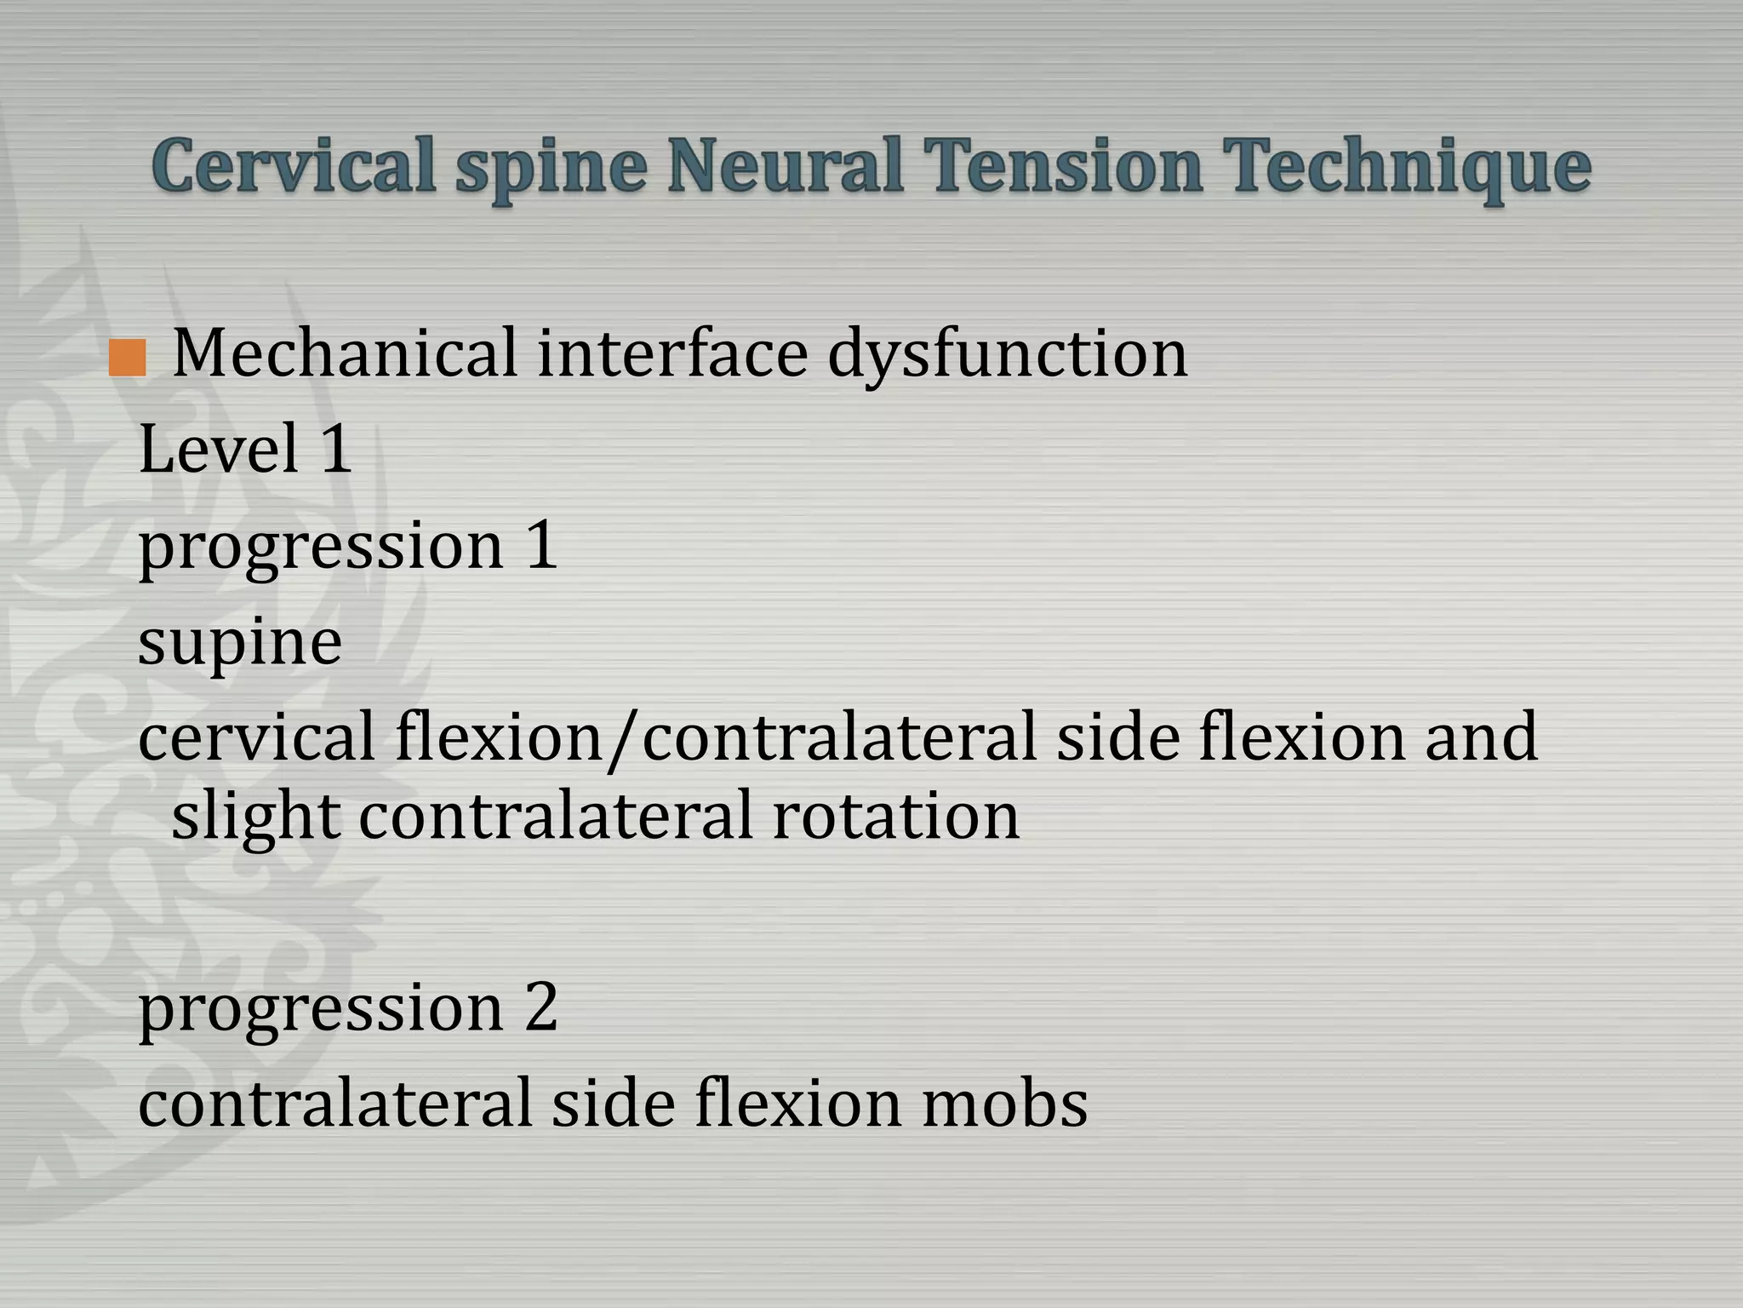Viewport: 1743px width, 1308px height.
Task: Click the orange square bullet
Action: (x=128, y=358)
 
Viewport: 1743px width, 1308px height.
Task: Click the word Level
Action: (x=219, y=449)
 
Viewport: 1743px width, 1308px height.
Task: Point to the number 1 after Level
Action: (x=336, y=449)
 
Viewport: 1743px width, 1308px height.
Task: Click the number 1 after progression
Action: (x=541, y=545)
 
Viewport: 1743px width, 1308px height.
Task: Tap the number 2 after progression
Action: (x=541, y=1007)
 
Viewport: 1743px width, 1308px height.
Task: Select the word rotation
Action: (x=895, y=816)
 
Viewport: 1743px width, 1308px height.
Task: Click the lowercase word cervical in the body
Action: (x=256, y=737)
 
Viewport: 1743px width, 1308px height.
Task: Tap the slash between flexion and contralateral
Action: (x=624, y=739)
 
